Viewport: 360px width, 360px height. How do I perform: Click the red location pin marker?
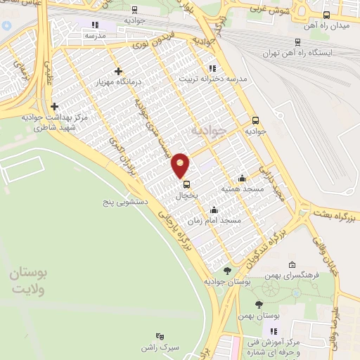(x=181, y=165)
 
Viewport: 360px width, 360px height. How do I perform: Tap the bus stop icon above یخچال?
(x=186, y=184)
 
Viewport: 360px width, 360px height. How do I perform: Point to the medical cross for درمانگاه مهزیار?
(x=118, y=71)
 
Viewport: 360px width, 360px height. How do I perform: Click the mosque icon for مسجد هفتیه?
(x=243, y=178)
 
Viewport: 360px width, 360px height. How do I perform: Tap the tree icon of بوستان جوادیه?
(x=226, y=270)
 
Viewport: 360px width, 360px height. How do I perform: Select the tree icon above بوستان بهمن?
(x=259, y=304)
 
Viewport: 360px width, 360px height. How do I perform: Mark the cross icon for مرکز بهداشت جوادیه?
(x=54, y=106)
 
